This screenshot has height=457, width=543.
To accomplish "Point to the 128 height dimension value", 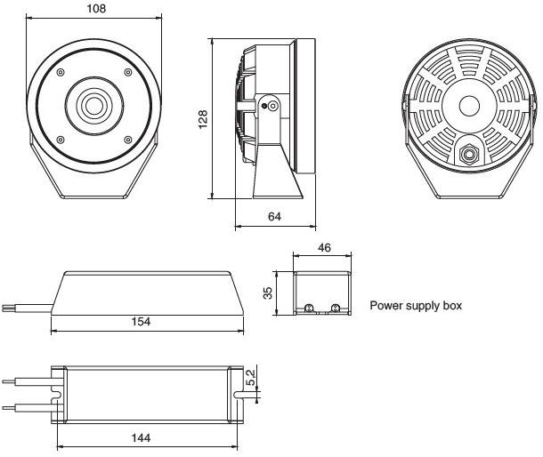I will click(x=203, y=118).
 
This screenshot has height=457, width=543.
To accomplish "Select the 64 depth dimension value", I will click(x=274, y=215).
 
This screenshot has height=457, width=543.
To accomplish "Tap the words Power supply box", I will click(x=416, y=306).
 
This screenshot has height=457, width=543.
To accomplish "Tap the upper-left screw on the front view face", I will click(x=59, y=72).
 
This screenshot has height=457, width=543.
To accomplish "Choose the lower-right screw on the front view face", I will click(x=128, y=138).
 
